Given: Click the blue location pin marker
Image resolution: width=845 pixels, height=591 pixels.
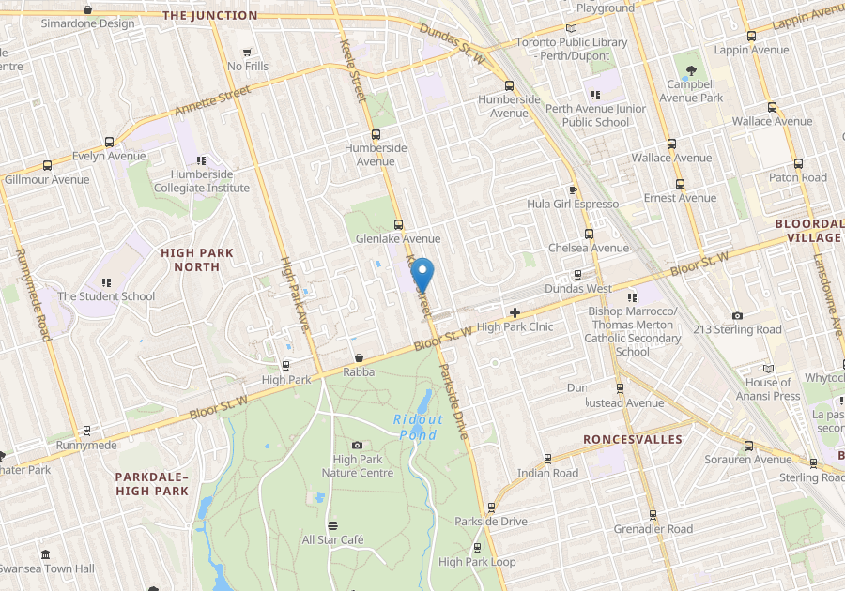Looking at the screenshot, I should pos(422,274).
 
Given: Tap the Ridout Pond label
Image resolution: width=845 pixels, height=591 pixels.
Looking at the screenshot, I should pos(418,427).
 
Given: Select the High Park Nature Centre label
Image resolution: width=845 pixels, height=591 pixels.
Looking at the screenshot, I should pos(357,466).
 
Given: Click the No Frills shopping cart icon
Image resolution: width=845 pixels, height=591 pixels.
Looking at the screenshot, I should pos(247,53).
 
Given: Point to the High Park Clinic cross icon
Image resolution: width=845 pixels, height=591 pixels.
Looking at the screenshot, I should pos(515,311).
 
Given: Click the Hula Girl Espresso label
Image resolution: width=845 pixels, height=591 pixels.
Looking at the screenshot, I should pos(573,204).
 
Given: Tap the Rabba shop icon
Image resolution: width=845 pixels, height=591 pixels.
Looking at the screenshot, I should pos(359,357).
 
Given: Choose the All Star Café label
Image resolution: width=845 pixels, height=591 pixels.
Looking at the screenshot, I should pos(332,539).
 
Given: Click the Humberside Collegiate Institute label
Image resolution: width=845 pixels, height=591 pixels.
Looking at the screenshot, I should pos(210,181).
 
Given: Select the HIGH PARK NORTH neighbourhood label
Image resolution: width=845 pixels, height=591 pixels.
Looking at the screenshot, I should pos(191,260).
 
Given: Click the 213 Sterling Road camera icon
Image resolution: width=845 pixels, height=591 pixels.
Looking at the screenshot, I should pos(737,315).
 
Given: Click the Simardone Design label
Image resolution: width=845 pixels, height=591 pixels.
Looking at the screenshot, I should pos(87,23).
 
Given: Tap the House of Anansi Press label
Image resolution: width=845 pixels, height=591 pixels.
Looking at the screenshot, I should pos(768,388).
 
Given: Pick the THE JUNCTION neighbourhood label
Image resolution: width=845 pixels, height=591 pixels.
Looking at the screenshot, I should pos(209,15).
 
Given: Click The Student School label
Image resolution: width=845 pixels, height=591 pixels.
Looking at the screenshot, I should pos(106,296).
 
